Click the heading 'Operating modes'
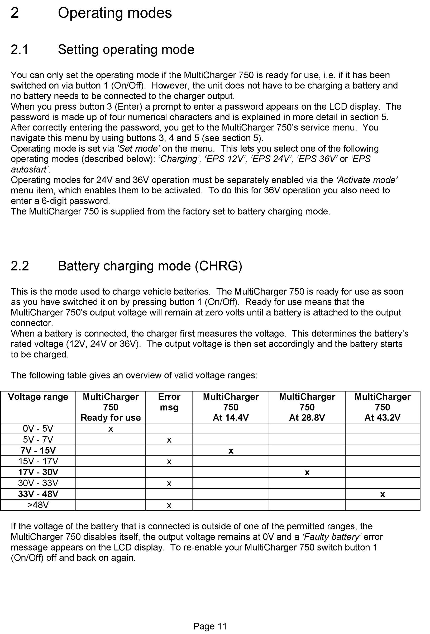coord(115,13)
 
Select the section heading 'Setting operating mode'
coord(126,50)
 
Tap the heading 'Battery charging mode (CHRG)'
coord(150,266)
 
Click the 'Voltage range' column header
coord(38,397)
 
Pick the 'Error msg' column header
coord(169,402)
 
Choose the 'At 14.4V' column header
coord(231,418)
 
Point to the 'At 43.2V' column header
coord(382,418)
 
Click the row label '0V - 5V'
coord(38,428)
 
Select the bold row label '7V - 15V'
coord(38,450)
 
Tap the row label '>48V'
coord(38,505)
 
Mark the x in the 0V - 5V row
coord(111,429)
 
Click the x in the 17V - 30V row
coord(307,473)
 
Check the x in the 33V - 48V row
coord(383,495)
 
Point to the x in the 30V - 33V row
coord(169,484)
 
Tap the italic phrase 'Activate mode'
coord(367,180)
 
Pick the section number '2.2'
coord(20,266)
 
